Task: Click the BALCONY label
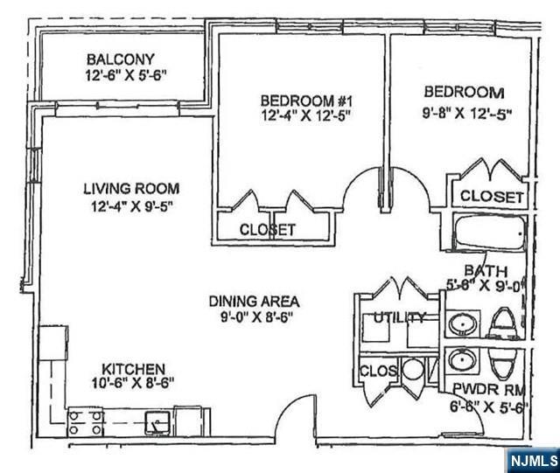(x=121, y=59)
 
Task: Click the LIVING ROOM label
(x=131, y=188)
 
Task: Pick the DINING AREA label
(x=254, y=301)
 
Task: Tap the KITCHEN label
(x=133, y=370)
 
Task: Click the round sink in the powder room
(x=461, y=360)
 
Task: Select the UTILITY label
(x=399, y=317)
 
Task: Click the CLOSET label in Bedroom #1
(x=268, y=230)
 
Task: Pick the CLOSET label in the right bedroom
(x=491, y=196)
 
